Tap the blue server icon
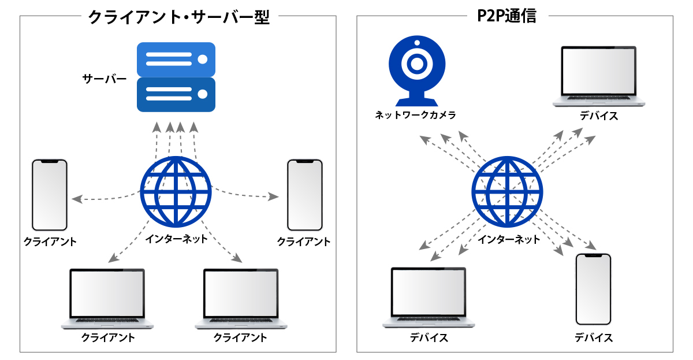pyautogui.click(x=176, y=77)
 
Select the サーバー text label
pyautogui.click(x=105, y=79)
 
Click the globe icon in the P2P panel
pyautogui.click(x=508, y=192)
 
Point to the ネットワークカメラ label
pyautogui.click(x=416, y=115)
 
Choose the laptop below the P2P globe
pyautogui.click(x=428, y=298)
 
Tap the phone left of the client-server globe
pyautogui.click(x=50, y=195)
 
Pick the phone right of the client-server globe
pyautogui.click(x=305, y=195)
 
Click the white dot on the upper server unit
pyautogui.click(x=202, y=59)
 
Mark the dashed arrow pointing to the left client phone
pyautogui.click(x=104, y=198)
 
